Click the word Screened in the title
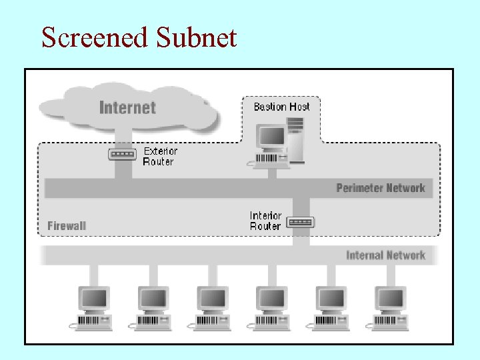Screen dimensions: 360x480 [x=95, y=37]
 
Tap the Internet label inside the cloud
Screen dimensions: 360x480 [x=127, y=107]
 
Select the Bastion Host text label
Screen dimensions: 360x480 [x=281, y=107]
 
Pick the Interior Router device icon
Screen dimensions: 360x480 [x=300, y=222]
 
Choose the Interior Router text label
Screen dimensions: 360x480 [x=265, y=221]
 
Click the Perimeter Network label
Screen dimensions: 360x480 [x=380, y=188]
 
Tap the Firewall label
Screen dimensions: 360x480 [x=67, y=226]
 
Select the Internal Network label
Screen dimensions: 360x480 [x=385, y=255]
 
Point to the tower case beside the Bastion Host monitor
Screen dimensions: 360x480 [x=295, y=140]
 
